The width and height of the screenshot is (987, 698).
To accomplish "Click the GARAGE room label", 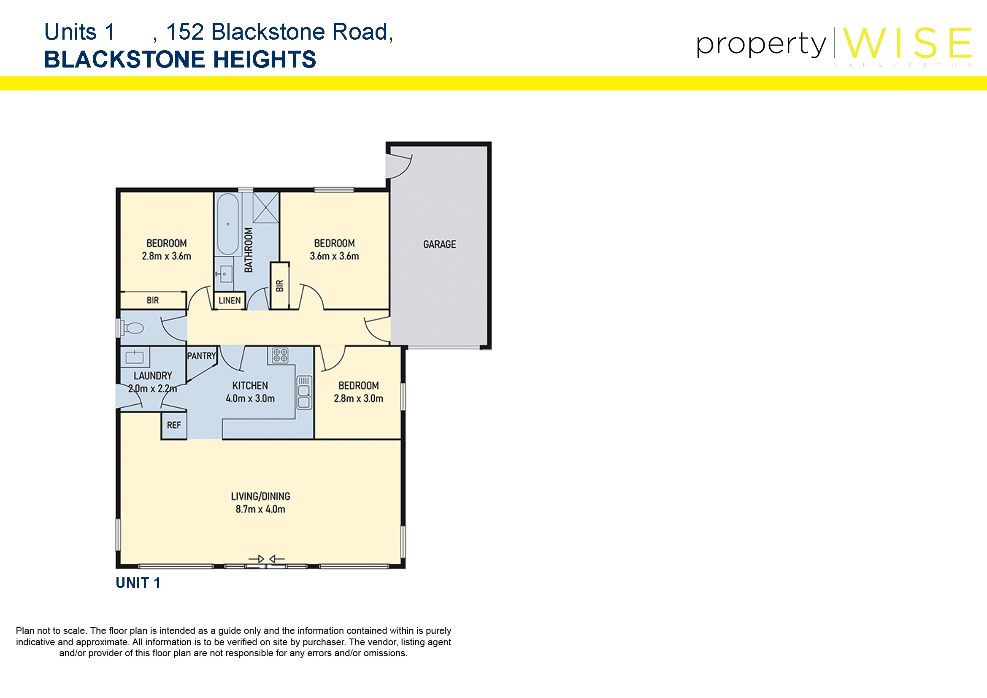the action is click(439, 244).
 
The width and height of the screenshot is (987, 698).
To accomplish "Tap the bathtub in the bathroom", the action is click(228, 225).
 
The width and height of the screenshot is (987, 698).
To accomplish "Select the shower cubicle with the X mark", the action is click(266, 208).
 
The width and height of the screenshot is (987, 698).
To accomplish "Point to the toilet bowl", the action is click(133, 328).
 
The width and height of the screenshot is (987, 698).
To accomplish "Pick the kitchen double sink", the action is click(304, 392).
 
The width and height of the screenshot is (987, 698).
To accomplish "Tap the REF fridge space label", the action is click(174, 425).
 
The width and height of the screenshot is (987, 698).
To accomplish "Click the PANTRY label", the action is click(201, 356).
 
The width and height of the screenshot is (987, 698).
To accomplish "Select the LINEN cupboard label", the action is click(230, 300).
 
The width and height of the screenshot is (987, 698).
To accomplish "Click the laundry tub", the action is click(135, 357).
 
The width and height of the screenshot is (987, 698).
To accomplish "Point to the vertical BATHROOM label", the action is click(249, 250).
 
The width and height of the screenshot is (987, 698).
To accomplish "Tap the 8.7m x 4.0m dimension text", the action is click(260, 509).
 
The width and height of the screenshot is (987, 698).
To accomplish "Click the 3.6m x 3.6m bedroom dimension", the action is click(335, 256).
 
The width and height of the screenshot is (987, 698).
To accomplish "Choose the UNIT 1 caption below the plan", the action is click(138, 583).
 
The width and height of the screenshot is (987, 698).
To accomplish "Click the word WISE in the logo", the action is click(907, 43).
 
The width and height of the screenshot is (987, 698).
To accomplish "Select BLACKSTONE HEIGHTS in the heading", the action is click(180, 60).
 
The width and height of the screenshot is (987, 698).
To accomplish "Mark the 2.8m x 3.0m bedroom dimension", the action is click(359, 398).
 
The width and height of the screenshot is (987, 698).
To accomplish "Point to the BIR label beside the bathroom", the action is click(280, 286).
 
